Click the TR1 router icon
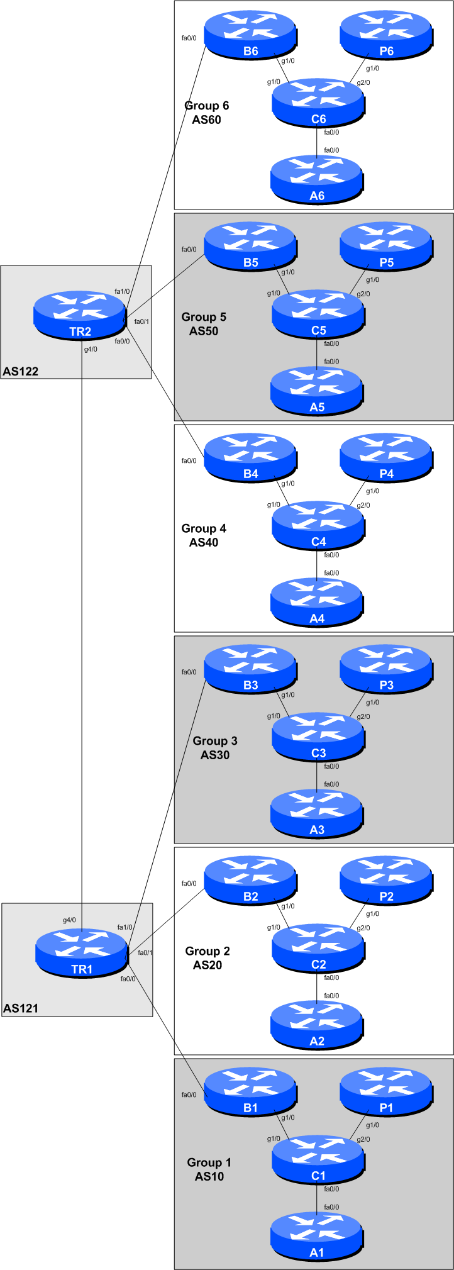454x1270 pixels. (x=81, y=954)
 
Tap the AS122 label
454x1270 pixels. (x=20, y=372)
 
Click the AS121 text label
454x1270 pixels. (x=20, y=1009)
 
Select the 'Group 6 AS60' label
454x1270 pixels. (x=206, y=113)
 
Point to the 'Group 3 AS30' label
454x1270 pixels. (x=215, y=748)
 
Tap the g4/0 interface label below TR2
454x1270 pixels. (x=91, y=349)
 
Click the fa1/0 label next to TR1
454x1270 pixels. (x=125, y=927)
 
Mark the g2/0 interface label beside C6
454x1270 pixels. (x=363, y=82)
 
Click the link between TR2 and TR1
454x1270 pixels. (x=82, y=629)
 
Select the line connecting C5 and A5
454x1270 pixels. (x=316, y=353)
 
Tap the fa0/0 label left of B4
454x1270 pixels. (x=189, y=461)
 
